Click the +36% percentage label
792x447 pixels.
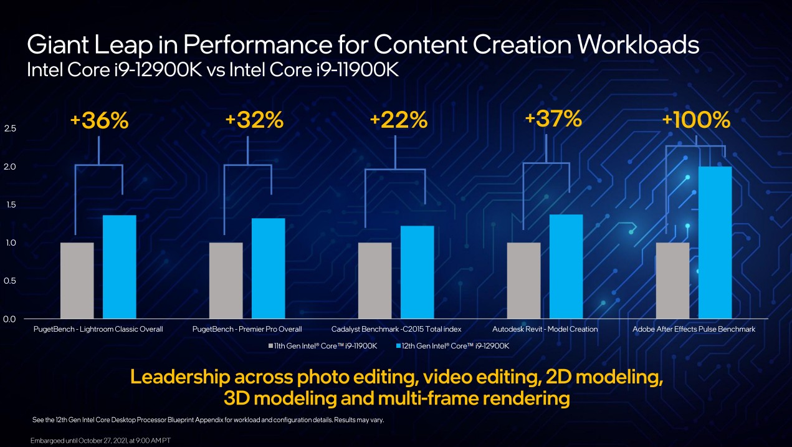click(99, 121)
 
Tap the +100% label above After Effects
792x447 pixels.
click(696, 120)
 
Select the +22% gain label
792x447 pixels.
click(398, 121)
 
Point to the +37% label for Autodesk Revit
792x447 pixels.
click(553, 118)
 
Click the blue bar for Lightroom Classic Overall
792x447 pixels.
click(119, 267)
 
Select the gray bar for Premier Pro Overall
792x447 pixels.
click(226, 281)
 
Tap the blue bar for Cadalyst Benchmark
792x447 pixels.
click(417, 272)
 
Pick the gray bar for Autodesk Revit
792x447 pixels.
click(523, 281)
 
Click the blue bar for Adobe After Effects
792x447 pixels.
click(715, 243)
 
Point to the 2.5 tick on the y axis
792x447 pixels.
click(9, 128)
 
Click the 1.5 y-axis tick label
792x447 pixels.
click(9, 204)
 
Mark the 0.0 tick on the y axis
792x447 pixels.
click(9, 319)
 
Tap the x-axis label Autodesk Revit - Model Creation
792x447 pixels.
click(545, 329)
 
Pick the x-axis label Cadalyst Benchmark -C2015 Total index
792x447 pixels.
click(396, 329)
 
